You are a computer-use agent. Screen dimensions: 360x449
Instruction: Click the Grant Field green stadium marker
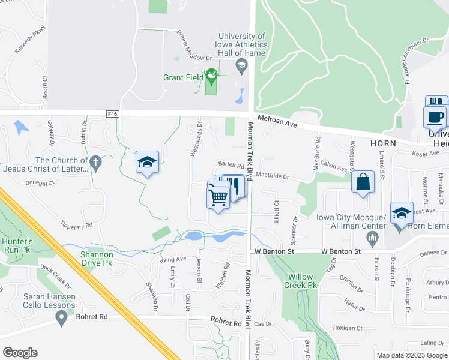point(211,76)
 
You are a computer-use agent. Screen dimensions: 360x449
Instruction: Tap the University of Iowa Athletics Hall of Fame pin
point(241,66)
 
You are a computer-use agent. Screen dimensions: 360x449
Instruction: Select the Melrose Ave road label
point(276,122)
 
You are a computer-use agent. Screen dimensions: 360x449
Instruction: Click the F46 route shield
point(112,113)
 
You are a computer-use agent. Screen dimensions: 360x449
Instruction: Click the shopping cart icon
point(218,196)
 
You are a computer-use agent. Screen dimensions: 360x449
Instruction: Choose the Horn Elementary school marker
point(402,214)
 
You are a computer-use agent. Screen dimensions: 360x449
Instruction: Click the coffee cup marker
point(435,117)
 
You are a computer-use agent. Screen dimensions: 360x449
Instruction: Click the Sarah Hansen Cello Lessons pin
point(61,319)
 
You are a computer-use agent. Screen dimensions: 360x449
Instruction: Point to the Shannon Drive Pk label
point(97,259)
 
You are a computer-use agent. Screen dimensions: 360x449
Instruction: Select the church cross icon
point(94,162)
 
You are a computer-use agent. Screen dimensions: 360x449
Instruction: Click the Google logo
point(20,352)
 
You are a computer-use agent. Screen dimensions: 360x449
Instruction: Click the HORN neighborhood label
point(383,144)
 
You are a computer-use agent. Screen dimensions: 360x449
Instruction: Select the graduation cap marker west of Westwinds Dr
point(147,163)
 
